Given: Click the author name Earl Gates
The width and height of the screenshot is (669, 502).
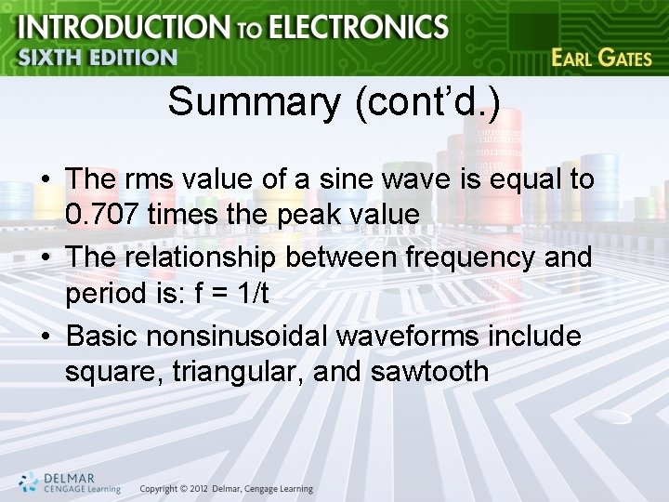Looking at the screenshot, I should [600, 57].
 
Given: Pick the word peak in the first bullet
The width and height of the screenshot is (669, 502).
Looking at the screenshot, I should [322, 215].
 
